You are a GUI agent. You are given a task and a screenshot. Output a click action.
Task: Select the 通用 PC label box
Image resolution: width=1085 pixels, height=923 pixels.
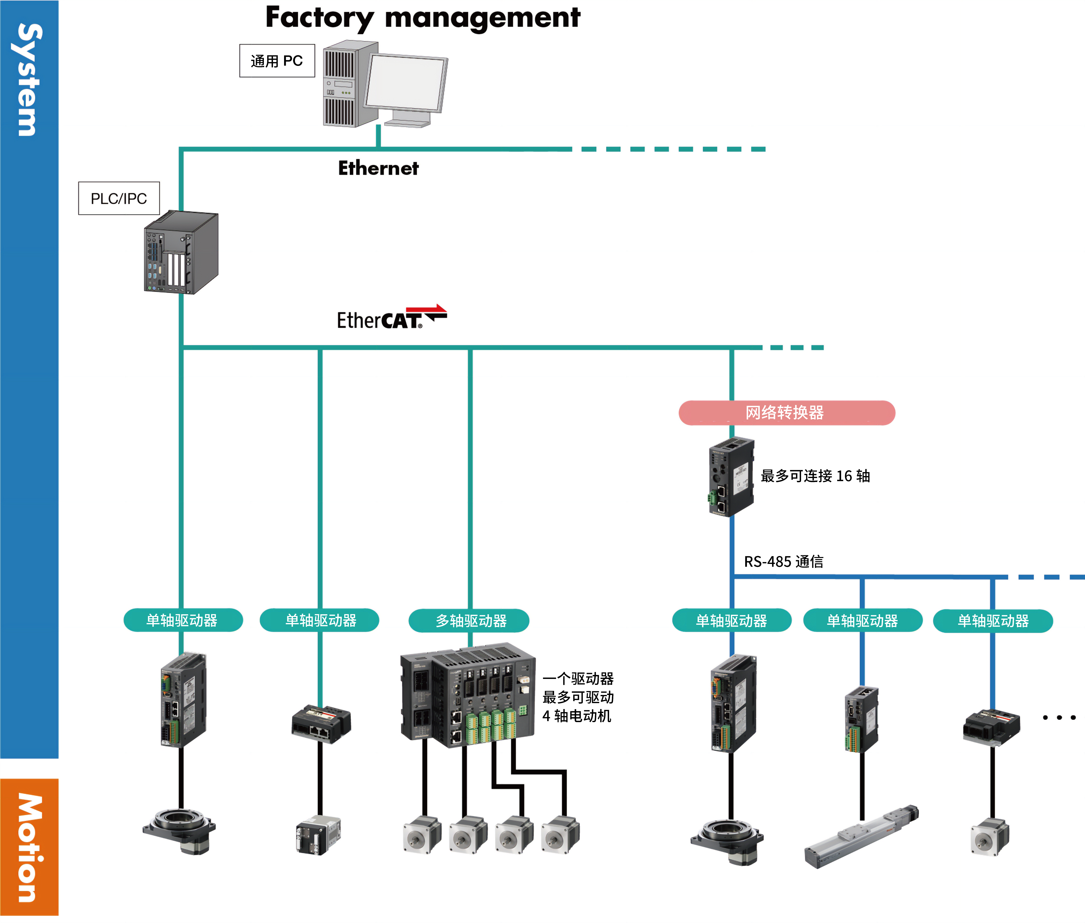(277, 61)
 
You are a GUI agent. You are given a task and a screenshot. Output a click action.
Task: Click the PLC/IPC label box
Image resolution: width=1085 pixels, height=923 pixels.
(119, 198)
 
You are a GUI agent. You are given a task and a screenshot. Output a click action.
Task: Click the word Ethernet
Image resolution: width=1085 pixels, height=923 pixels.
(378, 168)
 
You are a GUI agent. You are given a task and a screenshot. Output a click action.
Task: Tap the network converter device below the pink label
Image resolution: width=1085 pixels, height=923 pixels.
(731, 476)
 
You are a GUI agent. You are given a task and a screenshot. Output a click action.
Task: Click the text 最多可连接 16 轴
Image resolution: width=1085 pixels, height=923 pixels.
(815, 476)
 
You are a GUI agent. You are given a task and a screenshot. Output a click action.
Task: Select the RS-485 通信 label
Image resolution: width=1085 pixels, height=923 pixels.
(783, 561)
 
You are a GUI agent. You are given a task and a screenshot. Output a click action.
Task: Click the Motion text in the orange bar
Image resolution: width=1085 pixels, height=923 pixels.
(29, 848)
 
